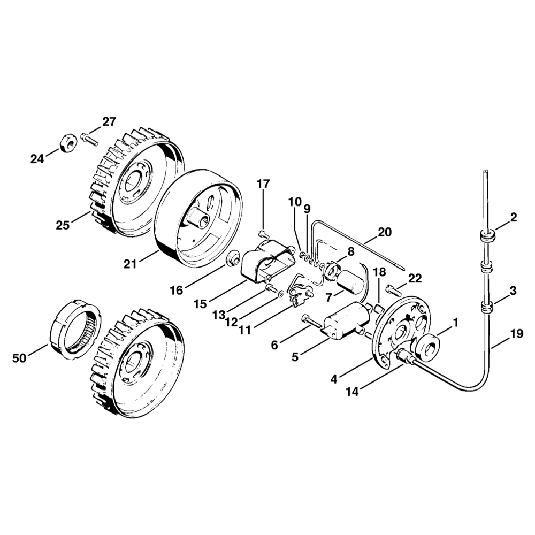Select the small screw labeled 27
(x=89, y=139)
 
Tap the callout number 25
(x=63, y=225)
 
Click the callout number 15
(x=200, y=304)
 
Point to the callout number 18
(x=379, y=272)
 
